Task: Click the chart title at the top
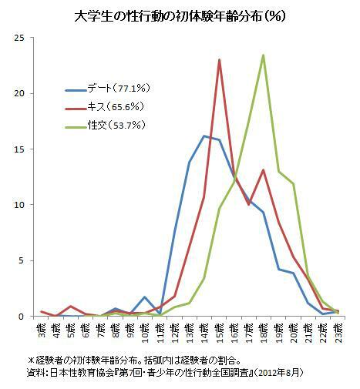(180, 15)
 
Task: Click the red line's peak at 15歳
(220, 60)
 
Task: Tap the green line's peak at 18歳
(264, 55)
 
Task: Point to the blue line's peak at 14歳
(204, 136)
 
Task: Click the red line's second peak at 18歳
(264, 170)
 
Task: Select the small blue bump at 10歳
(145, 297)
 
